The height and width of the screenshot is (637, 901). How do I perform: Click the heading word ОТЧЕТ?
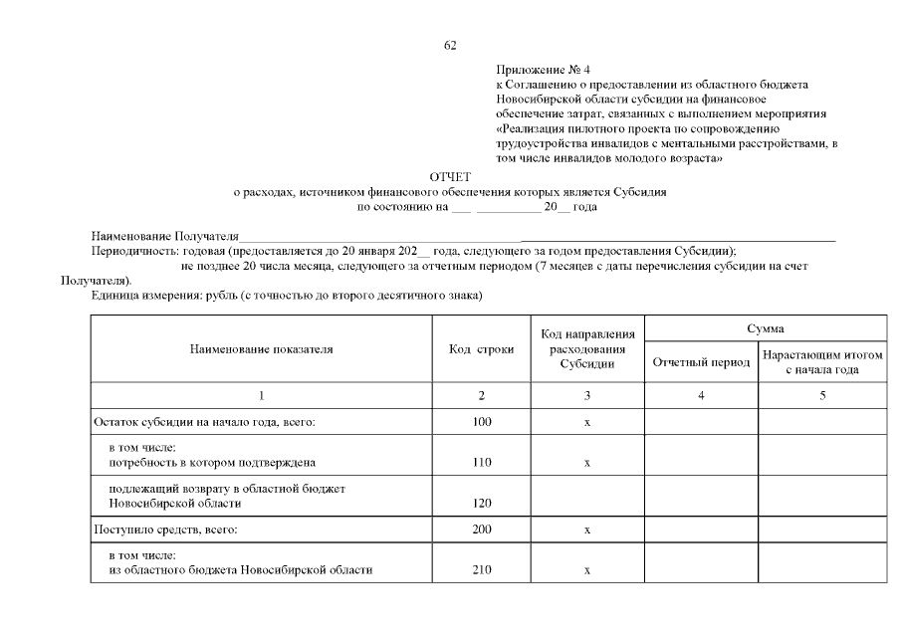449,176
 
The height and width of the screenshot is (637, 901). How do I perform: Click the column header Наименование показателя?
261,349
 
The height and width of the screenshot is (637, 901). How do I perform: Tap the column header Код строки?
482,349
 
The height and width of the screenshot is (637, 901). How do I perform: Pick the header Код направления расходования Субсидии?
587,349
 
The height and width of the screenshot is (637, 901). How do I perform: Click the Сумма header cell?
765,328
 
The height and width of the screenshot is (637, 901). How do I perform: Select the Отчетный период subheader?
701,362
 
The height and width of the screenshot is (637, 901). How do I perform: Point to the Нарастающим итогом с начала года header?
822,362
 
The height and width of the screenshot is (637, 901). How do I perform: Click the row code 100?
482,423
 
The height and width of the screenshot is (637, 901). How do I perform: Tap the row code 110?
482,463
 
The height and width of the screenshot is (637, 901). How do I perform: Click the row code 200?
482,530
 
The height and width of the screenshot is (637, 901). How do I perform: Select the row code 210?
482,569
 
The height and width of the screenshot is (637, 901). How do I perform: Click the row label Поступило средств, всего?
165,530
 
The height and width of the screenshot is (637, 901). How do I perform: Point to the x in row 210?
587,569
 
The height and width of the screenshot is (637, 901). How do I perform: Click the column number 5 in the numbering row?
822,396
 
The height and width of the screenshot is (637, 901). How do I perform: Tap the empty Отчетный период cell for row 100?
701,423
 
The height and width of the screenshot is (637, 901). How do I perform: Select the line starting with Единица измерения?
287,297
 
